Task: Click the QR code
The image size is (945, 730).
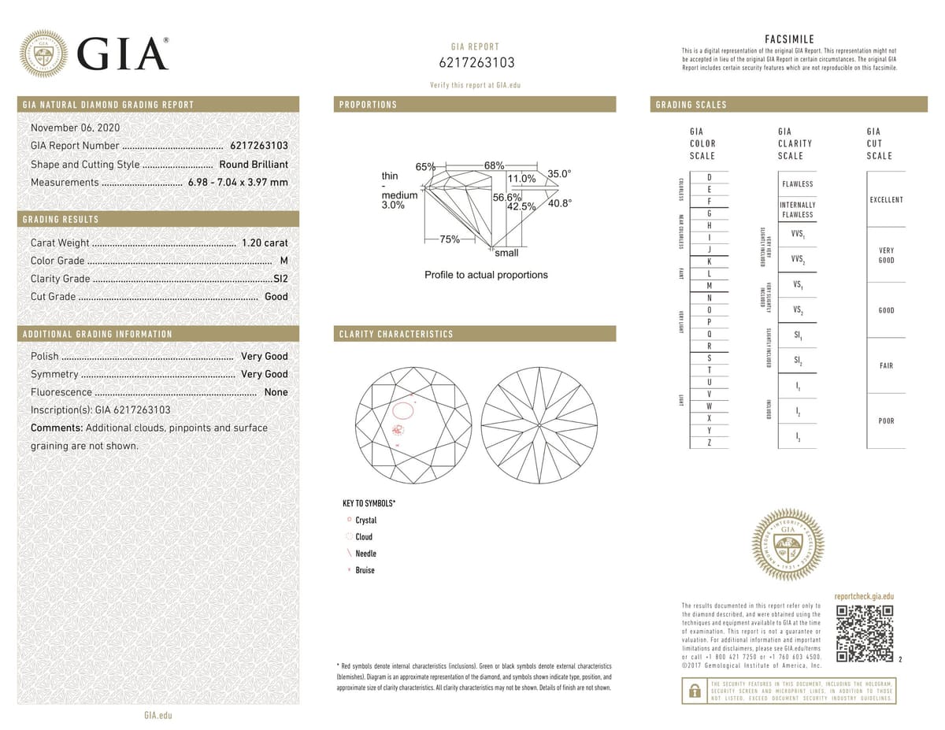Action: [x=865, y=634]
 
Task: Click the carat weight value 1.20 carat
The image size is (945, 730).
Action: [x=265, y=243]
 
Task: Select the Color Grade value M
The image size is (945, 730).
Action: [x=283, y=261]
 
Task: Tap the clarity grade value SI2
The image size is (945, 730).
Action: [x=280, y=279]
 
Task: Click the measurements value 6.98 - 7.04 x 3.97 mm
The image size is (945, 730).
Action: [x=238, y=183]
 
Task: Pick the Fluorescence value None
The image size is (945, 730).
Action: [x=276, y=392]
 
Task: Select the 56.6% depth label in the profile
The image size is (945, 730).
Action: [x=507, y=197]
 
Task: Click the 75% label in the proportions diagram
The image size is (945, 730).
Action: [x=450, y=239]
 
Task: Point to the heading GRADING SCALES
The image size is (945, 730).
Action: [x=690, y=105]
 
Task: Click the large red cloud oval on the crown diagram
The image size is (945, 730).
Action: [x=404, y=409]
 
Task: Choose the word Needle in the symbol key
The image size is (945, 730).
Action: [x=365, y=554]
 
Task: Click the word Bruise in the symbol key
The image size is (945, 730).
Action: [x=365, y=570]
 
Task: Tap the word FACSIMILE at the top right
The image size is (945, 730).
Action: [x=789, y=39]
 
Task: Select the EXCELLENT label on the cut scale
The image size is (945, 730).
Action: [x=886, y=200]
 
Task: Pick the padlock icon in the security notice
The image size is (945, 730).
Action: [x=695, y=691]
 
